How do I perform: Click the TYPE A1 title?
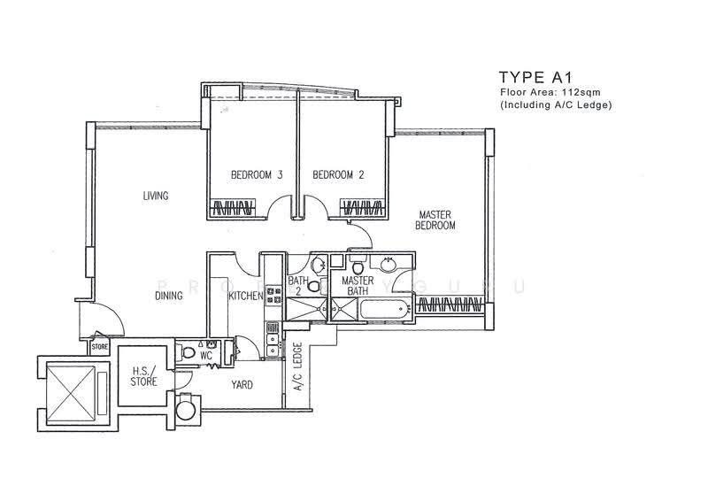(535, 77)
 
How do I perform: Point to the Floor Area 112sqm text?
(550, 92)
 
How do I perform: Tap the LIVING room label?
(156, 197)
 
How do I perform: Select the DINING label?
(169, 296)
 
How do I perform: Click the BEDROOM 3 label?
(257, 174)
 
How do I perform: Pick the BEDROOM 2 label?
(338, 174)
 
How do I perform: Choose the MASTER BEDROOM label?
(435, 220)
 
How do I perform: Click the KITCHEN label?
(246, 296)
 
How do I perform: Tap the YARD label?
(242, 385)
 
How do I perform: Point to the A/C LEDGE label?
(298, 366)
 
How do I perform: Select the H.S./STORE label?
(143, 376)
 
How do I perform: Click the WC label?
(206, 356)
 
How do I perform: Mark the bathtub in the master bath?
(384, 311)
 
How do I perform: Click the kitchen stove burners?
(273, 295)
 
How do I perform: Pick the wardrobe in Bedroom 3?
(233, 208)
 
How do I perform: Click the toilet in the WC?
(188, 352)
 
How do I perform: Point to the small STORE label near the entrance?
(100, 347)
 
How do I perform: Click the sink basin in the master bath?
(389, 265)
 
